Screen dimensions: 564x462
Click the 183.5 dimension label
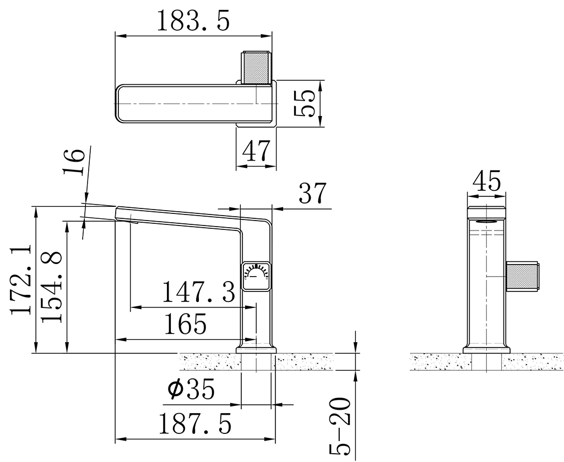point(193,21)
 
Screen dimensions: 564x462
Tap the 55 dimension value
point(305,103)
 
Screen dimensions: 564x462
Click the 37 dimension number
point(312,193)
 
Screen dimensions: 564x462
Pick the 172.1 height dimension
point(21,280)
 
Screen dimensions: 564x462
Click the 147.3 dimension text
point(199,291)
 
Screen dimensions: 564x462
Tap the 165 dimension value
point(186,324)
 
